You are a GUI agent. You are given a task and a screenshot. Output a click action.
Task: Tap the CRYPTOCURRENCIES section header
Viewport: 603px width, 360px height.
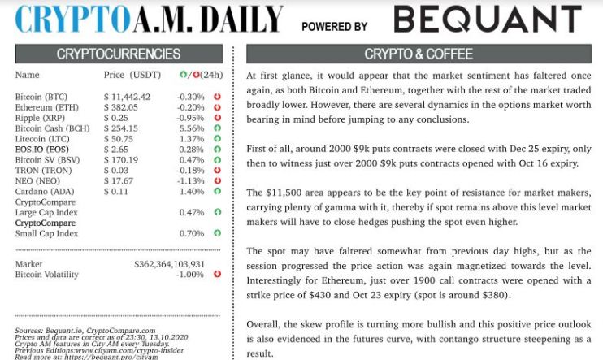coord(119,54)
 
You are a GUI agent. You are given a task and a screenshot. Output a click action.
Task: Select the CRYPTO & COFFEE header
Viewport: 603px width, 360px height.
coord(419,54)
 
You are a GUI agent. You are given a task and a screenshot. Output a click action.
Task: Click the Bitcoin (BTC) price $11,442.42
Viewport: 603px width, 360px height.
coord(128,97)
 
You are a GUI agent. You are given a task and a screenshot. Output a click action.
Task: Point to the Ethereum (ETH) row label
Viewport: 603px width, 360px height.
coord(47,107)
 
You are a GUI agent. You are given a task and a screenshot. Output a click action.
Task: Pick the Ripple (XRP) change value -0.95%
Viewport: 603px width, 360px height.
coord(190,118)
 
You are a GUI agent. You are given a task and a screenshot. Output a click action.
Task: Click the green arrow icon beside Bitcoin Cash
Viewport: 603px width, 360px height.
coord(217,128)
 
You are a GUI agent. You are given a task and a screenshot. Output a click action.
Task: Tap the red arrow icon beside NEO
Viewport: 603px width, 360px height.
coord(217,181)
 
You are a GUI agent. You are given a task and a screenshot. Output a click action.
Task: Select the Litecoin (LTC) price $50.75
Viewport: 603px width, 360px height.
coord(119,139)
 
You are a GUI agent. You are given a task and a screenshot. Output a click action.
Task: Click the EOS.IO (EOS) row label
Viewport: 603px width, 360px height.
coord(42,150)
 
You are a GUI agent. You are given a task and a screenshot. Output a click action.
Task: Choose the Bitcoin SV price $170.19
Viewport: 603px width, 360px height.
coord(121,160)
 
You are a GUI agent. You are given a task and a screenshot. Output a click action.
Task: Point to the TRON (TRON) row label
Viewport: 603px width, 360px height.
coord(43,171)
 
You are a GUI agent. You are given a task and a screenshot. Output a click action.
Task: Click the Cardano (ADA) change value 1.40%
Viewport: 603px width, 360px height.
coord(191,192)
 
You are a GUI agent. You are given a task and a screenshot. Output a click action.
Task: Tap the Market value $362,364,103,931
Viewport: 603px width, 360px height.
coord(169,264)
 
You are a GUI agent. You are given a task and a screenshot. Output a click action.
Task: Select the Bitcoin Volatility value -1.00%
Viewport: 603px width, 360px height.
coord(190,275)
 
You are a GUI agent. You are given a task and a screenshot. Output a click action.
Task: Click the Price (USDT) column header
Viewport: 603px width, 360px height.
coord(132,76)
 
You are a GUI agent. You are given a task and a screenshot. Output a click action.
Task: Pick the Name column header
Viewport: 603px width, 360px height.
coord(27,76)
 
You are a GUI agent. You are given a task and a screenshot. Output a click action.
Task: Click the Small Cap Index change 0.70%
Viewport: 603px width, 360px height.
coord(191,234)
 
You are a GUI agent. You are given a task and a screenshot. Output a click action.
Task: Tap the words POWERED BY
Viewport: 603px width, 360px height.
coord(335,26)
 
